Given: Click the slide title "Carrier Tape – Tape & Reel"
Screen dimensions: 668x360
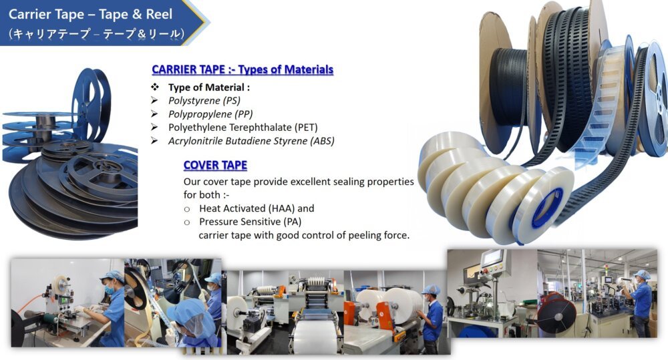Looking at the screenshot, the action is (90, 14).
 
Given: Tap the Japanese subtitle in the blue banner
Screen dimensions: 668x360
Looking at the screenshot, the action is (97, 33).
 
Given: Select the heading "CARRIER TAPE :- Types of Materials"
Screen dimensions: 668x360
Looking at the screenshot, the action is (242, 69).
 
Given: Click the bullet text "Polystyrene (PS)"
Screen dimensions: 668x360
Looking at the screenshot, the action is (204, 101).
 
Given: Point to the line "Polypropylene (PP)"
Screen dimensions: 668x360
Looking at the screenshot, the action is (210, 114).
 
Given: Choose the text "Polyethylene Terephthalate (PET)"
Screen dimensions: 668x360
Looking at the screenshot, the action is (243, 128).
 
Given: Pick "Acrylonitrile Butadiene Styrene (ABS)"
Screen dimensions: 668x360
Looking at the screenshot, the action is (251, 140).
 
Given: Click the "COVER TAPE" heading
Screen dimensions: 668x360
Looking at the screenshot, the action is (215, 165).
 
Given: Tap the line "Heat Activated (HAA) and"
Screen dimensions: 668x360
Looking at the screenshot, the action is (257, 208).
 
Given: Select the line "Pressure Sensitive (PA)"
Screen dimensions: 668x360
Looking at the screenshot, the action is (250, 222).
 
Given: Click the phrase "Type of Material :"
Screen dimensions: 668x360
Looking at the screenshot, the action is (208, 87).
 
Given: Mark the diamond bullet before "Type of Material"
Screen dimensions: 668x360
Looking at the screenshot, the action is (155, 87).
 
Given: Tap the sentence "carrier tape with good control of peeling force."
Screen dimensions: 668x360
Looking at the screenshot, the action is (304, 235).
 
